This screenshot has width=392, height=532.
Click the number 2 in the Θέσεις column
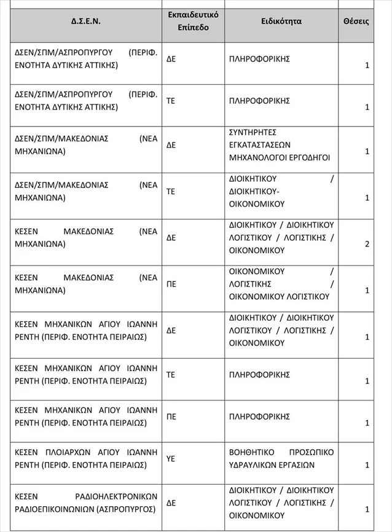coord(367,244)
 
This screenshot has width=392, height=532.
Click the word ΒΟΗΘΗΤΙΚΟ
coord(253,452)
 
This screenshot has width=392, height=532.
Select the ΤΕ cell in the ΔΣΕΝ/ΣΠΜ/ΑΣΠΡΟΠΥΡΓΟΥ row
coord(171,100)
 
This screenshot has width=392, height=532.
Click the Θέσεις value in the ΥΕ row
coord(367,465)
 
